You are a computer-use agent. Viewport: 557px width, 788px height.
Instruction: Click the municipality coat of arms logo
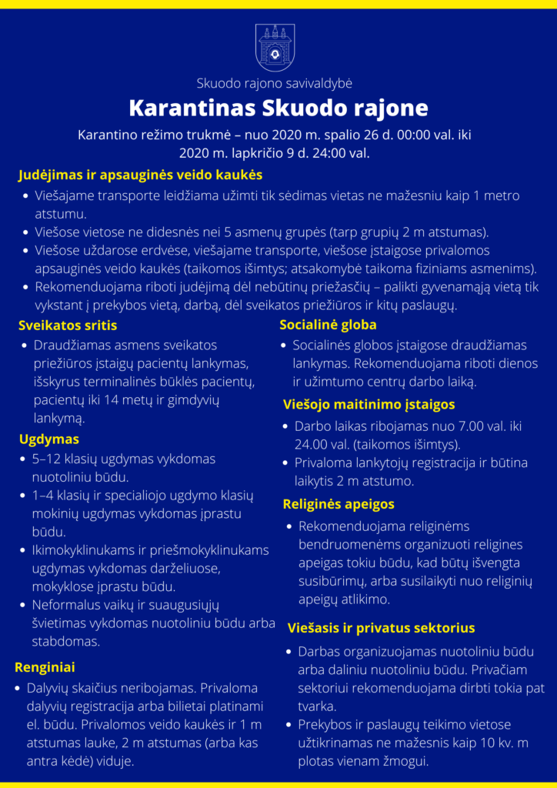coord(275,48)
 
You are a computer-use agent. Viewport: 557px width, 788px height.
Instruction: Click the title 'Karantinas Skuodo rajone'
coord(278,106)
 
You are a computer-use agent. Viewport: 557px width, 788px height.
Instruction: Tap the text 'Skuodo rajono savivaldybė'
coord(275,83)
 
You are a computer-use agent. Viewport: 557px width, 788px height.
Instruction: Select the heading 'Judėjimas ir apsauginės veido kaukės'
coord(140,175)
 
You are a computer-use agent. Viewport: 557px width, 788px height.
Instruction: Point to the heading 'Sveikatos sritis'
coord(68,325)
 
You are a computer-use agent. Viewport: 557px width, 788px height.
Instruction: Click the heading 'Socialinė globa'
coord(328,325)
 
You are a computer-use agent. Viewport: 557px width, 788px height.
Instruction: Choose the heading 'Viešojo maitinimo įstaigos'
coord(369,404)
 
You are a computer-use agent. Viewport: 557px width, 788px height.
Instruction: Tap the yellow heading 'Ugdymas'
coord(49,439)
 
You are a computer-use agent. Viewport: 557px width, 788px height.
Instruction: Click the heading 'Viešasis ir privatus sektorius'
coord(381,628)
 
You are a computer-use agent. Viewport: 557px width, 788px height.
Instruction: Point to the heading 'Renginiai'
coord(45,666)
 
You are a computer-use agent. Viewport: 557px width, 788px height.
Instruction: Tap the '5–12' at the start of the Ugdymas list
coord(47,459)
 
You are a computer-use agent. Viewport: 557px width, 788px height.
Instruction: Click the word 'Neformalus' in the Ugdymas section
coord(67,605)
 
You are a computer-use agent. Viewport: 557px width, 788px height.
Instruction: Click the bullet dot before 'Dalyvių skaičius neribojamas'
coord(17,689)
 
